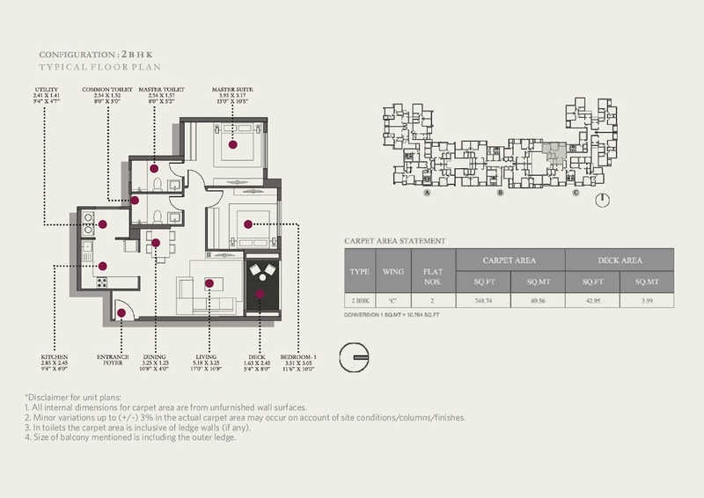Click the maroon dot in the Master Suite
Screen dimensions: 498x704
click(233, 144)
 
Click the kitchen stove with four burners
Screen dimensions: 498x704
click(102, 282)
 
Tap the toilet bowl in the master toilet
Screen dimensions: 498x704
click(158, 185)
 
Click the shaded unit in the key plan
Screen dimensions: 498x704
click(554, 153)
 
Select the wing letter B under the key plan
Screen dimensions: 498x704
click(500, 192)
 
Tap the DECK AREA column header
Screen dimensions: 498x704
click(619, 260)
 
